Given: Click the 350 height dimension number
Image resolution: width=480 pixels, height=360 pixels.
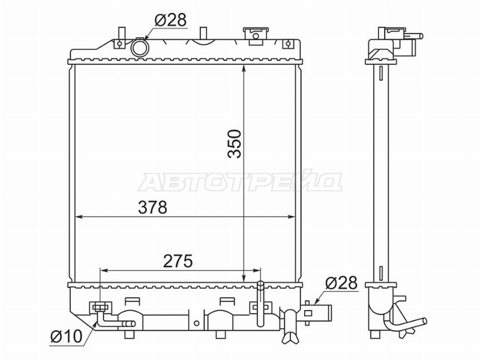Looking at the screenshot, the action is tap(235, 143).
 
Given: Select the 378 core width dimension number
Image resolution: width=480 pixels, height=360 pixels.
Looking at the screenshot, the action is tap(153, 207).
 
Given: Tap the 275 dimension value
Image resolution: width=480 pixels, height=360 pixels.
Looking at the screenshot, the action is tap(178, 261).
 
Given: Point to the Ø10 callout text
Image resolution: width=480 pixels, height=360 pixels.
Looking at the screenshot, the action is tap(67, 337).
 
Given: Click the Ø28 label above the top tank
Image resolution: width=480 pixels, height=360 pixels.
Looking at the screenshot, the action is tap(170, 20).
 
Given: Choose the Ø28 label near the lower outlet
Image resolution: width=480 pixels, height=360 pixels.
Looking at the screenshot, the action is tap(341, 283).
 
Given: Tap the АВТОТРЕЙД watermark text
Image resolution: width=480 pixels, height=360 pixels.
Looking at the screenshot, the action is tap(241, 182).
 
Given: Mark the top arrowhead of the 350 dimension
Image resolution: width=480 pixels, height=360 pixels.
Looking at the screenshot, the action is tap(244, 68).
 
